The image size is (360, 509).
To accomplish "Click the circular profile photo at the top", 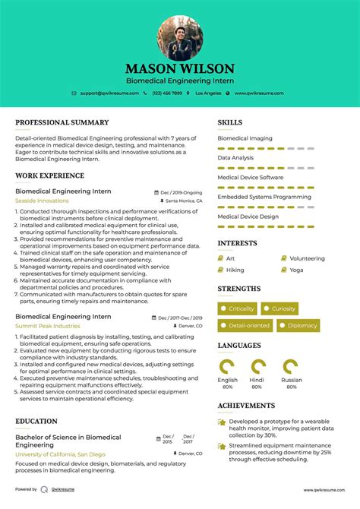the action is [x=180, y=37].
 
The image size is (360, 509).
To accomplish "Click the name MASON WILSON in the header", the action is [x=180, y=68].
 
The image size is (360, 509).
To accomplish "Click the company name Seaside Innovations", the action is [x=42, y=201].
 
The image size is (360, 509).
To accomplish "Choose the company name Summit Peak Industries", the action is [x=47, y=326].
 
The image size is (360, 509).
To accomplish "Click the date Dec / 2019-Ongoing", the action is [x=182, y=192].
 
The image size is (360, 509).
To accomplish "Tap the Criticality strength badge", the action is [x=238, y=308].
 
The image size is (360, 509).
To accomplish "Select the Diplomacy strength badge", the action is [x=298, y=326].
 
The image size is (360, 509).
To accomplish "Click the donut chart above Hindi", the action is [x=258, y=367].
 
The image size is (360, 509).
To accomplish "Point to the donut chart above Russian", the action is [x=290, y=367].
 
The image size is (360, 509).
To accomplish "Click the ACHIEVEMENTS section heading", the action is [x=246, y=405].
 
